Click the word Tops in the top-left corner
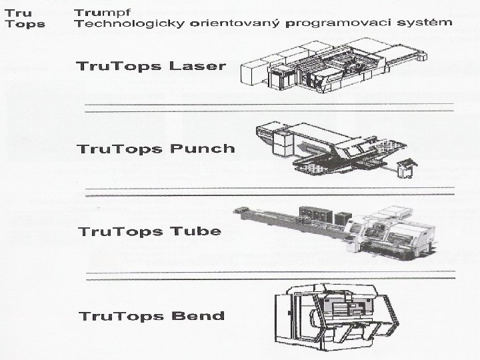(25, 24)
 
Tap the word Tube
(197, 231)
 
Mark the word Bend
(197, 315)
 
